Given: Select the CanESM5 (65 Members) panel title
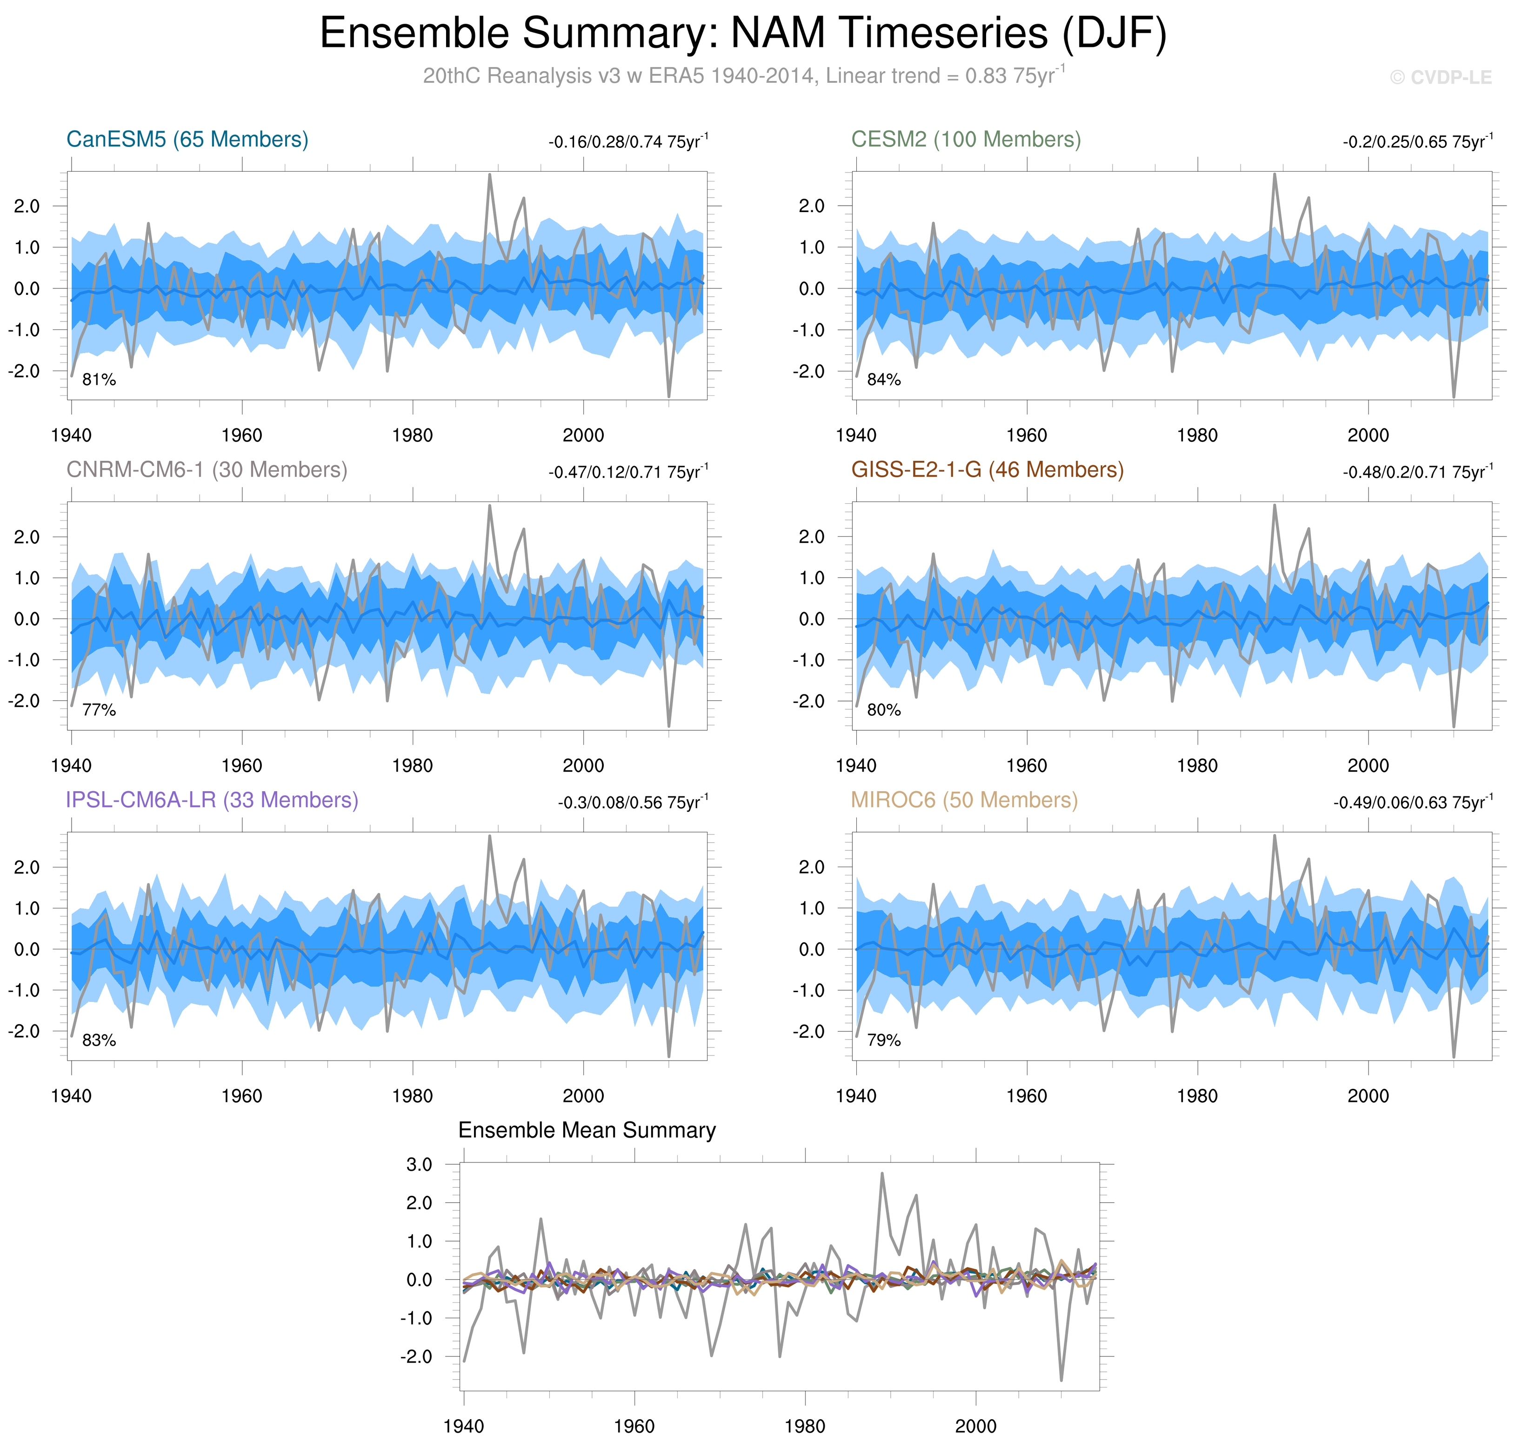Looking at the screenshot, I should click(x=187, y=140).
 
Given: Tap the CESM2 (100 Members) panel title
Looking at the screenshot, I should click(x=966, y=140).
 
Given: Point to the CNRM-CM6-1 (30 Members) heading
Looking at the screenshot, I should click(x=207, y=470).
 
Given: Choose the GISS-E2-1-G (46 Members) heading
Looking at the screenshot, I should click(x=987, y=470).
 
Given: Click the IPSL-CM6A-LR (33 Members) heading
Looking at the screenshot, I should click(x=212, y=801).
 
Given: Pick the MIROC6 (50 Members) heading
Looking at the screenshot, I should click(x=964, y=801).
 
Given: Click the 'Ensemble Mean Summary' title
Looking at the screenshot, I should click(x=587, y=1131).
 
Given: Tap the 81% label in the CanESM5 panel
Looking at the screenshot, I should click(x=99, y=380).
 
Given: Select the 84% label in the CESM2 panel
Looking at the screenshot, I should click(x=884, y=380).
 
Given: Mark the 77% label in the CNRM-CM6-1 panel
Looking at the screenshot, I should click(x=99, y=710).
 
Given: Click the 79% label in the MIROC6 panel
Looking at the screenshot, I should click(x=884, y=1041).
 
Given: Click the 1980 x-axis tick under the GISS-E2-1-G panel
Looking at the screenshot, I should click(x=1197, y=767).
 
